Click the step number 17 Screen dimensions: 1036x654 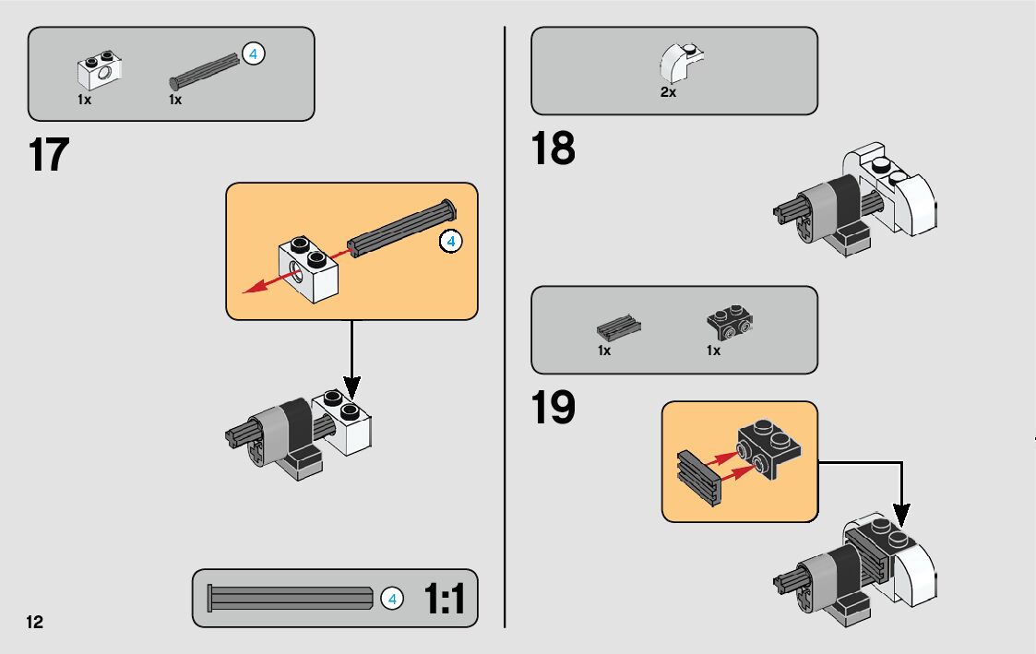point(49,155)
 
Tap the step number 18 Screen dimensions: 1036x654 point(553,148)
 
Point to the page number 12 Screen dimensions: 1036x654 point(34,622)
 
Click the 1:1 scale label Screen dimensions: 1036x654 point(444,599)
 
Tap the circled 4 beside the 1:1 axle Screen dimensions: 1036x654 point(392,599)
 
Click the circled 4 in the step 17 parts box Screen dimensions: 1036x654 point(253,54)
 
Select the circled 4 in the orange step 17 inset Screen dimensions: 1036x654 point(450,241)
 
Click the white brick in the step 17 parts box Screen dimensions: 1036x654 point(100,70)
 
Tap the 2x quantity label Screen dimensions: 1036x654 point(668,92)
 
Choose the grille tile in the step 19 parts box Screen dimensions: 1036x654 point(618,327)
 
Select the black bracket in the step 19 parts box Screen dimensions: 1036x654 point(730,322)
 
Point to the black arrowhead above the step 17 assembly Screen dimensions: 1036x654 point(352,388)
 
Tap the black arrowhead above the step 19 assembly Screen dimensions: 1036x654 point(901,516)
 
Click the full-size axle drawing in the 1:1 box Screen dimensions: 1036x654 point(290,598)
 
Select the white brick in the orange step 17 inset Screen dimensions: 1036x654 point(308,268)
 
